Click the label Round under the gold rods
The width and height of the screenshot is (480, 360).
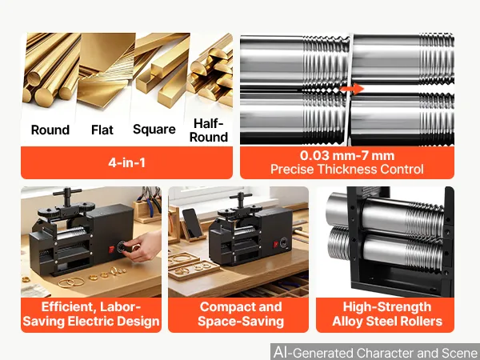click(50, 130)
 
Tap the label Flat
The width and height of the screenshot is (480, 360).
click(102, 130)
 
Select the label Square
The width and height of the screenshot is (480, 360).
click(154, 129)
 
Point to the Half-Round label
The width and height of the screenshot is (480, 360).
click(209, 130)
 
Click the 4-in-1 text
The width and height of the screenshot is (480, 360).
click(126, 162)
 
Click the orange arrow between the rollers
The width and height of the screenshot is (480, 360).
click(352, 89)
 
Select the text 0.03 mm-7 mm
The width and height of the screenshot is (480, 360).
click(347, 155)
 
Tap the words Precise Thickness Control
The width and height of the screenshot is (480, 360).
click(347, 170)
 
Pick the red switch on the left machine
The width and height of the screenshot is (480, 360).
click(111, 249)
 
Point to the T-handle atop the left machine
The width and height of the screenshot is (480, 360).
click(67, 197)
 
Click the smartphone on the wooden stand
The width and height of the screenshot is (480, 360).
click(192, 222)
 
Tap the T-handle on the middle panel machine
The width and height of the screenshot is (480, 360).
click(241, 199)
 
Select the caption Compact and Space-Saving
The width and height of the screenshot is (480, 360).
click(241, 314)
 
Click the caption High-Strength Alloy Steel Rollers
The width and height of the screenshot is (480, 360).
click(387, 314)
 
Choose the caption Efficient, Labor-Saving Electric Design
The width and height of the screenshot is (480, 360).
click(91, 314)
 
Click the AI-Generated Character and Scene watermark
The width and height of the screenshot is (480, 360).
click(376, 352)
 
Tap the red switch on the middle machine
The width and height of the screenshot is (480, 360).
click(276, 244)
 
